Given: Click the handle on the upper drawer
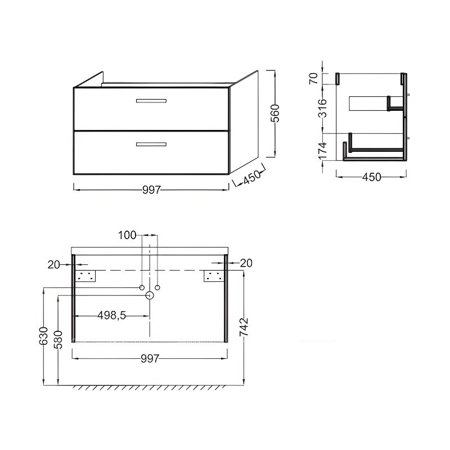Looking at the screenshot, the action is pos(151,101).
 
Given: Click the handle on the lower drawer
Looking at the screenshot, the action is pos(151,144).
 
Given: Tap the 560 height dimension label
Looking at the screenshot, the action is pos(275,114).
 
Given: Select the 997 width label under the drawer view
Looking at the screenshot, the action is pos(151,190).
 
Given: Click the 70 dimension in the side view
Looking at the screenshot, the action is pos(314,78).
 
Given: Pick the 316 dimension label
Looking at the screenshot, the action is pos(323,108).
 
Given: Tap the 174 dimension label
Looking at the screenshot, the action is pos(323,151).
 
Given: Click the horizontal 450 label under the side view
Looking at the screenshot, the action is pos(372,177).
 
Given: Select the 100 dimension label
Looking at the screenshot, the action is pos(127,235).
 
